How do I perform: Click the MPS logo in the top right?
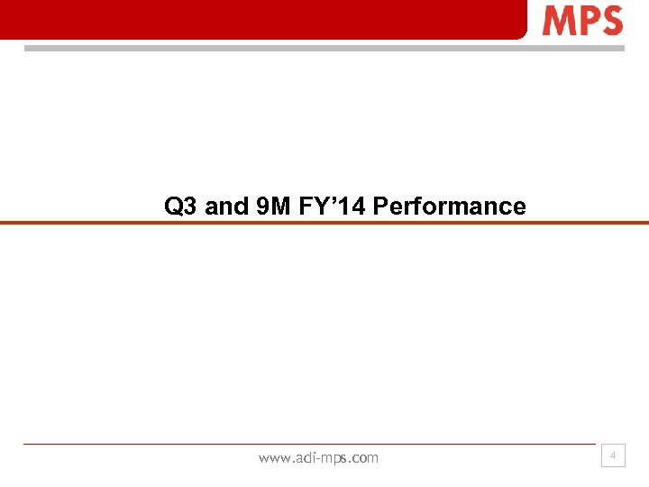pyautogui.click(x=582, y=20)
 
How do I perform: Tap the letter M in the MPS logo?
pyautogui.click(x=556, y=20)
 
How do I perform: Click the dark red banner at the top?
pyautogui.click(x=261, y=18)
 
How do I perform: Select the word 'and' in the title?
pyautogui.click(x=225, y=207)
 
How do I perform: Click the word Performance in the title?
pyautogui.click(x=449, y=207)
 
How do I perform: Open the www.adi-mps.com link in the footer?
pyautogui.click(x=318, y=458)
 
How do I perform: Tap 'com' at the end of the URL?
pyautogui.click(x=365, y=458)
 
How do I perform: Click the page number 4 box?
pyautogui.click(x=613, y=456)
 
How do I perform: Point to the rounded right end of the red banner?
pyautogui.click(x=520, y=27)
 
